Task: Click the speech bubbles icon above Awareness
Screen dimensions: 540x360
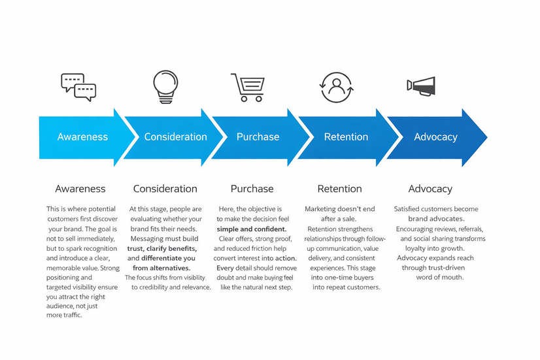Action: (78, 87)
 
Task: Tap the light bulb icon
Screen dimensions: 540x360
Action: (165, 86)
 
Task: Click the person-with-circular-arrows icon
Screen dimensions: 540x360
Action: (337, 86)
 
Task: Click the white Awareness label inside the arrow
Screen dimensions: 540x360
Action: (82, 137)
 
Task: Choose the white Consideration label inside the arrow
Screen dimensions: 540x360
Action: (175, 137)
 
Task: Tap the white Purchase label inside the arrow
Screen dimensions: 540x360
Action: (258, 137)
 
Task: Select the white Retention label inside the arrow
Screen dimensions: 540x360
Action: (346, 137)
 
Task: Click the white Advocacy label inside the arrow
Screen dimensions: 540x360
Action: (435, 137)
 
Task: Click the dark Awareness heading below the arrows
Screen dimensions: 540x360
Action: (80, 189)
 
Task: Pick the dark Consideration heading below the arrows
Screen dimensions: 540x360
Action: (165, 189)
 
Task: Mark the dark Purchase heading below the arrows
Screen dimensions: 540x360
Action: (252, 189)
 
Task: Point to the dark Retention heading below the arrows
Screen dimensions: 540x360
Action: (339, 189)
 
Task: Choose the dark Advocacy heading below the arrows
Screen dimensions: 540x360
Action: (430, 189)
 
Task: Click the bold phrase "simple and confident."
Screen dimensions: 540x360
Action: (252, 229)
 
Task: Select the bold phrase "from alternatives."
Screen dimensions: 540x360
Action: (161, 268)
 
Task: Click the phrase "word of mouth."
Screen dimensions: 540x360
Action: (439, 277)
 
